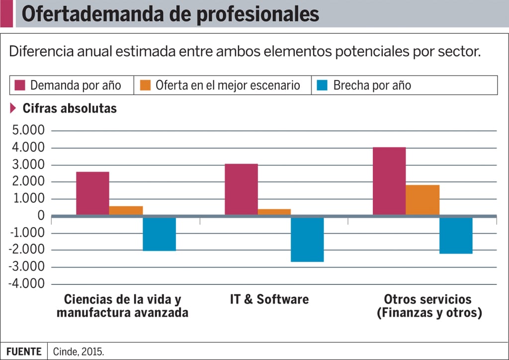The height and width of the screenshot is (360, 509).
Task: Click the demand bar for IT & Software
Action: pyautogui.click(x=241, y=189)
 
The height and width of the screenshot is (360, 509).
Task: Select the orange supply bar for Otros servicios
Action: pyautogui.click(x=423, y=200)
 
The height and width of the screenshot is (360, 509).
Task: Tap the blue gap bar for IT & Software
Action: pyautogui.click(x=307, y=239)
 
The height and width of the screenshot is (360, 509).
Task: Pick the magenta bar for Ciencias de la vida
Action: pyautogui.click(x=92, y=193)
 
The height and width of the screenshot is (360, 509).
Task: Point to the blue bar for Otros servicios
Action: pyautogui.click(x=456, y=235)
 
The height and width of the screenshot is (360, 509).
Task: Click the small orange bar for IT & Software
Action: pyautogui.click(x=274, y=212)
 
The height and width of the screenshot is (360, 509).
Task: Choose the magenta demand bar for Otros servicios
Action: pyautogui.click(x=389, y=181)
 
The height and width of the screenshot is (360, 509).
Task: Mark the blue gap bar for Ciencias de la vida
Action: pyautogui.click(x=159, y=234)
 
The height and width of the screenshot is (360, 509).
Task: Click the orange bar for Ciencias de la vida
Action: pyautogui.click(x=126, y=210)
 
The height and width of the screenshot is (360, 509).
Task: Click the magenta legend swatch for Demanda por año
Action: pyautogui.click(x=20, y=85)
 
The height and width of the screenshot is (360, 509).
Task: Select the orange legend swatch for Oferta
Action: pyautogui.click(x=145, y=85)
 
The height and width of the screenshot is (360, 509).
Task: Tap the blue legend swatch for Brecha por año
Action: pyautogui.click(x=323, y=85)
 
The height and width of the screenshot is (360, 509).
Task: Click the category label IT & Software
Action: pyautogui.click(x=269, y=299)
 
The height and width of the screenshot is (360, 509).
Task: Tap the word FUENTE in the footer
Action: pyautogui.click(x=24, y=352)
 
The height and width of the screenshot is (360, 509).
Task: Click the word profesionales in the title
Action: pyautogui.click(x=258, y=14)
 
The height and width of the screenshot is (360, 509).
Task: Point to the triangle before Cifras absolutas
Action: pyautogui.click(x=13, y=108)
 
